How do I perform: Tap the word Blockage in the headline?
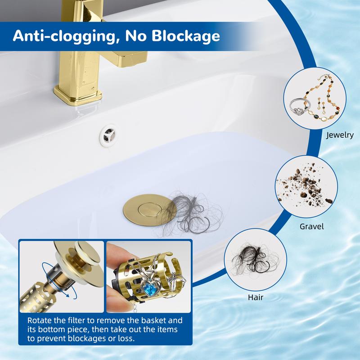[185, 36]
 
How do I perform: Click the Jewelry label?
[340, 135]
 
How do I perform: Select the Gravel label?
[311, 227]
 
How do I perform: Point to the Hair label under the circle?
[255, 297]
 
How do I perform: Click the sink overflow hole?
[108, 136]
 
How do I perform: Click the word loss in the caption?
[126, 339]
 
